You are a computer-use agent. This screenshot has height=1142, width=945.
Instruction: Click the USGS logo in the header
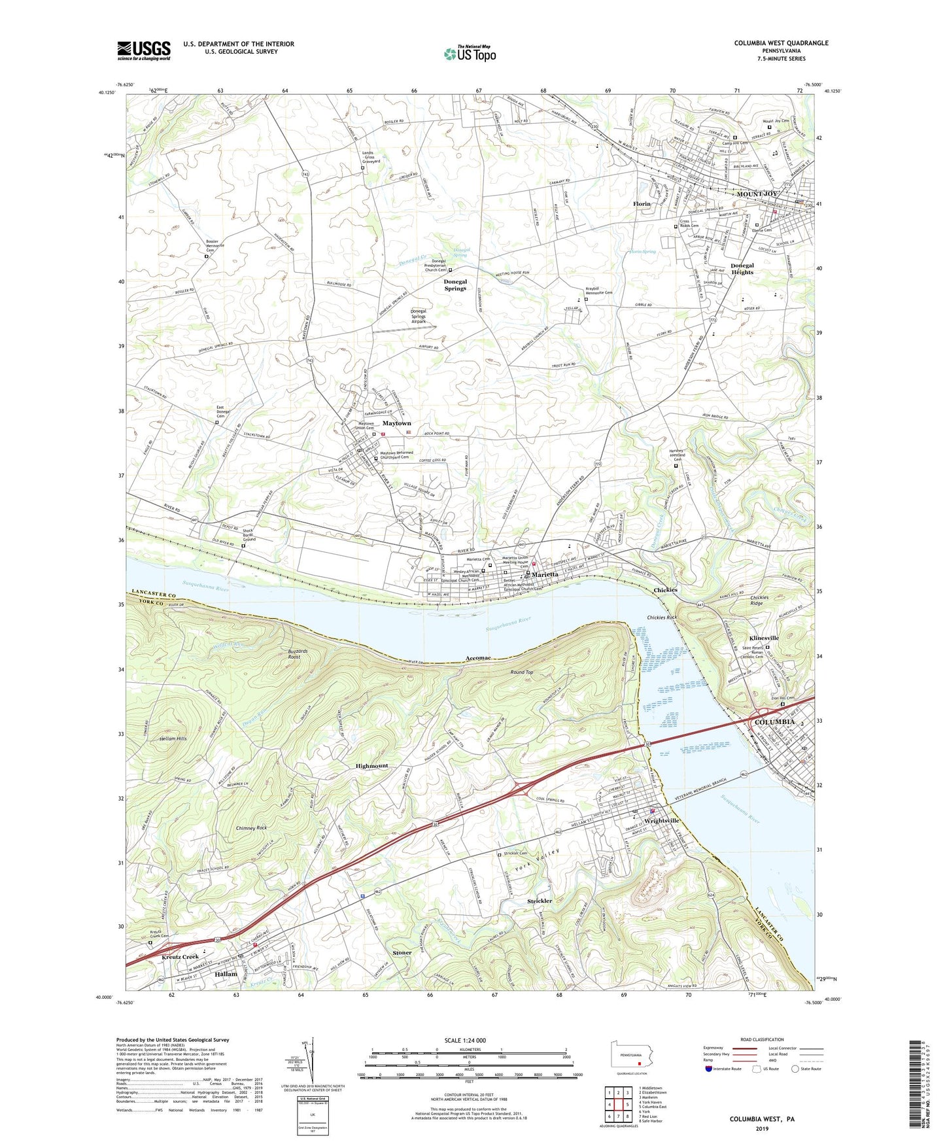144,50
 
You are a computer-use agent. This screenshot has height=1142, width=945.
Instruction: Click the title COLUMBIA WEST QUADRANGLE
781,43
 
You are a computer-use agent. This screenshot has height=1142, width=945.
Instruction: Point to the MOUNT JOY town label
757,194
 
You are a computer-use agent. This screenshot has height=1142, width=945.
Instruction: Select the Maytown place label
396,424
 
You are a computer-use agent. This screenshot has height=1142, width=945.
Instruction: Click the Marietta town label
545,574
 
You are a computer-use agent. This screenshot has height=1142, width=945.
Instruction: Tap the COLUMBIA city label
775,722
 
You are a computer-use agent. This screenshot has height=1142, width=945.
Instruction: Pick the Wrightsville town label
662,820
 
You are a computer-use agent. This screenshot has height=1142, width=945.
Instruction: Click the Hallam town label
226,974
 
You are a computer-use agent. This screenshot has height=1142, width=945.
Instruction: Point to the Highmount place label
371,765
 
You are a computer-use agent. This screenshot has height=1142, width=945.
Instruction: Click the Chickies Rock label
662,617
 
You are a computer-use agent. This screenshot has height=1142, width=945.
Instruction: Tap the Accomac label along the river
478,657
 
